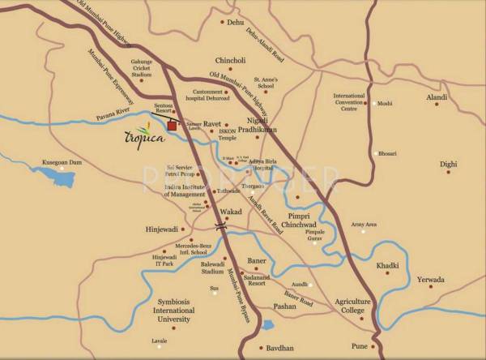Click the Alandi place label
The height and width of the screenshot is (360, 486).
(437, 97)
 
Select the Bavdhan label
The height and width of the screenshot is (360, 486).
(281, 348)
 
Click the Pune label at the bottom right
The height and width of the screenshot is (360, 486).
(359, 346)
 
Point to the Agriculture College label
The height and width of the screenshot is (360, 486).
(353, 306)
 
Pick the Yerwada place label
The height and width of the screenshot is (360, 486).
(430, 280)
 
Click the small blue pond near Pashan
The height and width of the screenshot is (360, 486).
(266, 326)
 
